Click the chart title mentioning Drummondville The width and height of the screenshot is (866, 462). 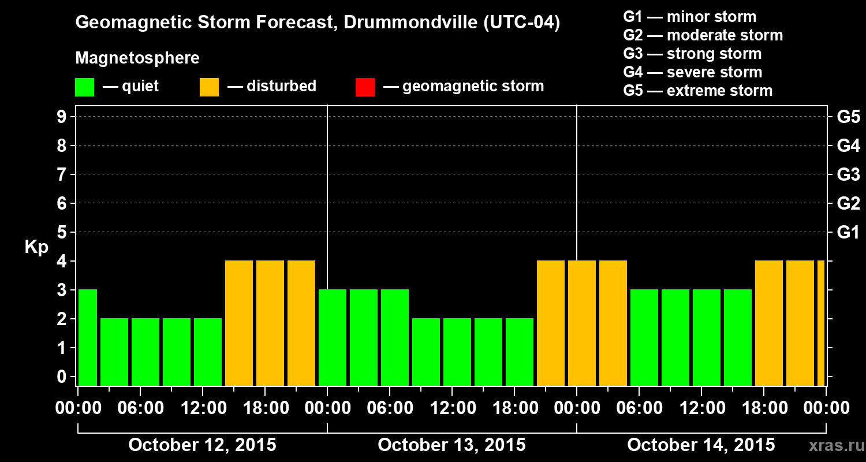pos(318,23)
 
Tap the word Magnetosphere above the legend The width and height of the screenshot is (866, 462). pos(137,58)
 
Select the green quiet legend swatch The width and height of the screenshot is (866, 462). pos(84,87)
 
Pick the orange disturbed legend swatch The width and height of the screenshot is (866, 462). pos(209,87)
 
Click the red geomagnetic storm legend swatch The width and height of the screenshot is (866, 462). pos(365,87)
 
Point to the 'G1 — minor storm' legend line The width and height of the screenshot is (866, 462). pos(689,17)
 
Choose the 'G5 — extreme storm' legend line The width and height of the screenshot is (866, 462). pos(697,91)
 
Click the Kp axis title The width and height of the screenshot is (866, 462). pos(36,247)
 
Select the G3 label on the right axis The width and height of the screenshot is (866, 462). pos(848,174)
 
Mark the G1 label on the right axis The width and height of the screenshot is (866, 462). pos(848,233)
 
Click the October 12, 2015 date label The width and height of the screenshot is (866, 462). pos(202,445)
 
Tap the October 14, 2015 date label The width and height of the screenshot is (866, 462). pos(701,445)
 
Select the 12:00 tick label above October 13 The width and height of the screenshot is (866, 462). pos(452,408)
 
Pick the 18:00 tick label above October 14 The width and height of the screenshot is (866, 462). pos(764,408)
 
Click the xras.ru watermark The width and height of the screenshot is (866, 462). pos(832,446)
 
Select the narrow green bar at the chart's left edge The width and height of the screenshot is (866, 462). pos(88,337)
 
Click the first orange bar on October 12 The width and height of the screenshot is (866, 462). pos(239,323)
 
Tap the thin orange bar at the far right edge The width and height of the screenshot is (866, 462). pos(820,323)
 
